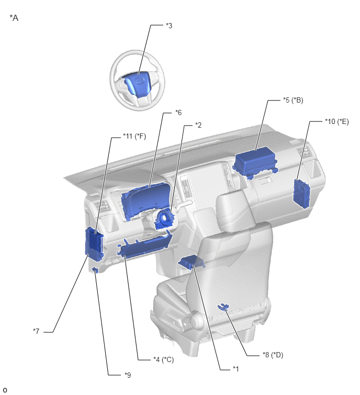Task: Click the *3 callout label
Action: (169, 26)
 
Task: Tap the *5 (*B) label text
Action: (293, 100)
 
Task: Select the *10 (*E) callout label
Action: (337, 121)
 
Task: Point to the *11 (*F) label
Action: (134, 136)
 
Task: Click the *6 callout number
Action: (178, 112)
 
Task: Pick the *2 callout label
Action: (198, 125)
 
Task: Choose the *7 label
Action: (36, 331)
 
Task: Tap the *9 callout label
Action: (128, 375)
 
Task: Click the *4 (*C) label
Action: (163, 359)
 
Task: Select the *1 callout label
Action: (235, 369)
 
